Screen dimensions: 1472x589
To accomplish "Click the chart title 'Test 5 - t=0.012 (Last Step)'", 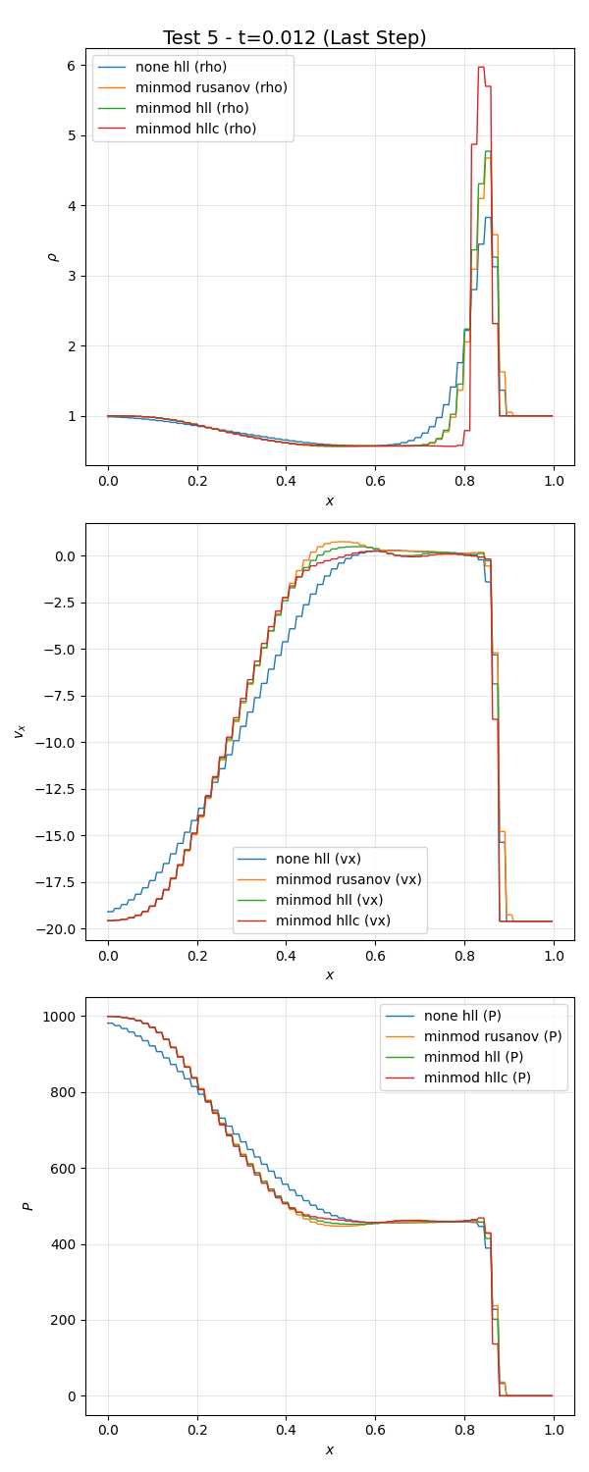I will click(x=294, y=38).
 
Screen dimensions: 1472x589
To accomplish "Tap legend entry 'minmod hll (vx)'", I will click(x=329, y=900).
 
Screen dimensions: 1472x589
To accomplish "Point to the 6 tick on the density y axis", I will click(x=71, y=66).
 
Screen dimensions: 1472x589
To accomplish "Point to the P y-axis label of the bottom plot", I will click(x=29, y=1206).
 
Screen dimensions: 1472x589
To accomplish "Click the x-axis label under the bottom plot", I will click(x=330, y=1449).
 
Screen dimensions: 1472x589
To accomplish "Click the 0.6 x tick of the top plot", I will click(x=375, y=482).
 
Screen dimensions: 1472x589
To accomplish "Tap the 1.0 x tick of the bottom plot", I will click(x=553, y=1431).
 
